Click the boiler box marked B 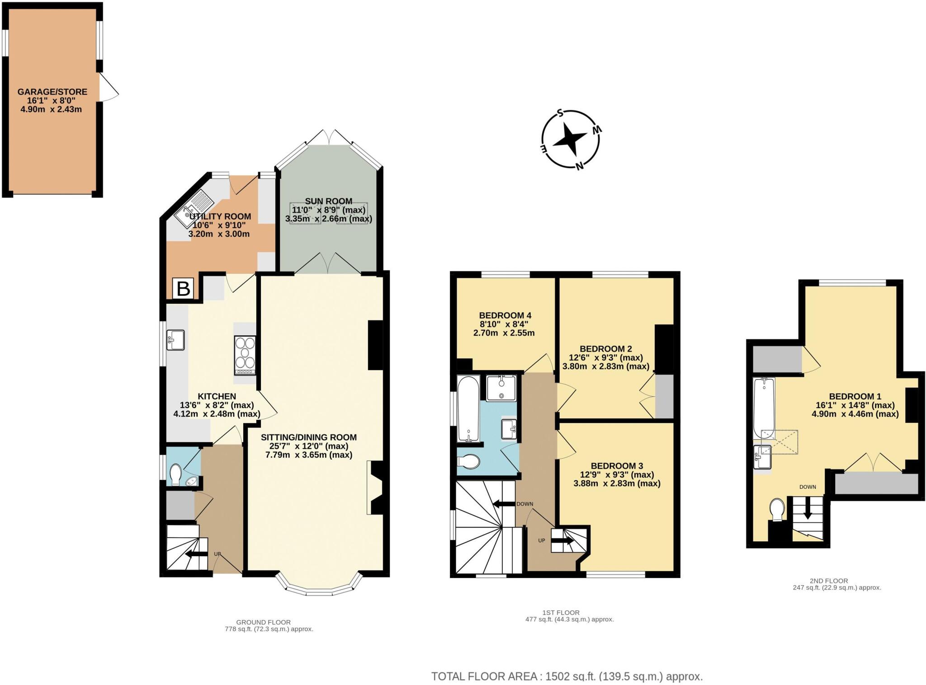click(183, 288)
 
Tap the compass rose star click(571, 140)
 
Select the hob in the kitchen click(245, 355)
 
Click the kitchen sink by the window click(175, 340)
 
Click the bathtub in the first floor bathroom click(468, 409)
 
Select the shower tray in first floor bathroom click(501, 387)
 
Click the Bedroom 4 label click(505, 315)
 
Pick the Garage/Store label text click(52, 92)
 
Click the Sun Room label click(328, 202)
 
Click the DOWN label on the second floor click(808, 487)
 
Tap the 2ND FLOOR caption click(829, 581)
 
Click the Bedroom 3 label click(617, 466)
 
